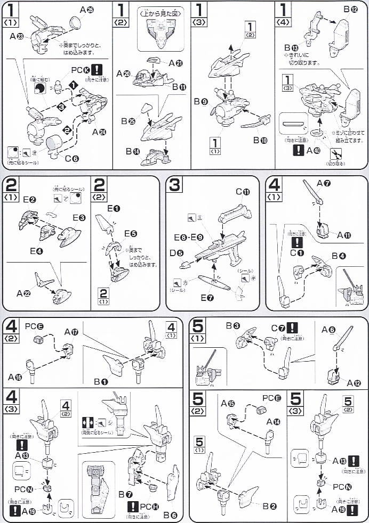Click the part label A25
[86, 10]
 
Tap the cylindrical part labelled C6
[53, 144]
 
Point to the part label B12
[350, 10]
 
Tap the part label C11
[243, 192]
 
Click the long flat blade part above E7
[214, 282]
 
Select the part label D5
[177, 252]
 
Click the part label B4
[339, 256]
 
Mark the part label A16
[15, 377]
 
